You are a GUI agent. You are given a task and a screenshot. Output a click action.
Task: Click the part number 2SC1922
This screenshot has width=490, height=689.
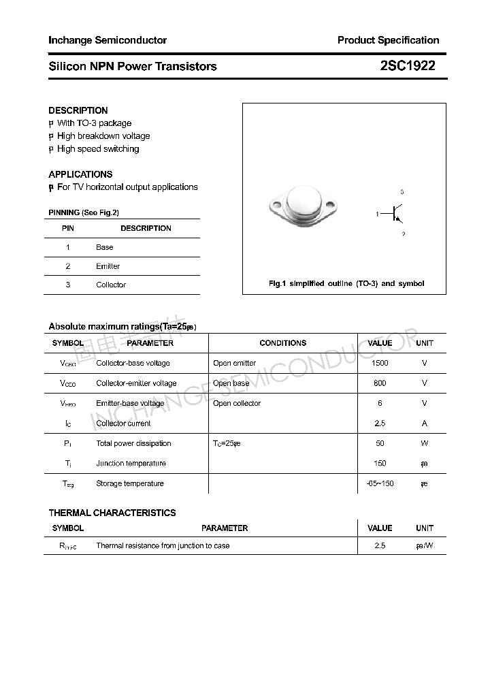coord(408,66)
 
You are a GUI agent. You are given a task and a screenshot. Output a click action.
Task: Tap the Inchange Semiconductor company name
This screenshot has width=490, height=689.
coord(108,40)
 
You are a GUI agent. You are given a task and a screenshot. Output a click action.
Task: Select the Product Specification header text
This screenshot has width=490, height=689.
coord(388,40)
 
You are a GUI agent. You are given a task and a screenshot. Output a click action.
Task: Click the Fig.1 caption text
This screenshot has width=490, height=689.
coord(346,283)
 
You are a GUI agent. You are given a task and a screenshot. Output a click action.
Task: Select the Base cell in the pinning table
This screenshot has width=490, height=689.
coord(105,247)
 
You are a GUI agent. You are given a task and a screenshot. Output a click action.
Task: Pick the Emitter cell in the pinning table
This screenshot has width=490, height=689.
coord(108,266)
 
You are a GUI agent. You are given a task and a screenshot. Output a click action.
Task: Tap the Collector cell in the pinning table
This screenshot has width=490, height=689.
coord(111,285)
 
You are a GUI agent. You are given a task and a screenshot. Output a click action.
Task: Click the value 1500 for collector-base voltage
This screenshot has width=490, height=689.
coord(380,363)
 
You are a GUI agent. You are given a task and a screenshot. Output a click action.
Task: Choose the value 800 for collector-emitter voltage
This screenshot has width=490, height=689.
coord(380,383)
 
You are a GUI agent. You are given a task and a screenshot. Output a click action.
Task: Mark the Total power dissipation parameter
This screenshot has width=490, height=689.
coord(133,443)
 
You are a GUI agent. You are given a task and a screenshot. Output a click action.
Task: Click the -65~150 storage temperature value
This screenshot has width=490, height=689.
coord(380,483)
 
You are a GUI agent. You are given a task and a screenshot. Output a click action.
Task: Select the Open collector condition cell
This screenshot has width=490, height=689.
coord(237,403)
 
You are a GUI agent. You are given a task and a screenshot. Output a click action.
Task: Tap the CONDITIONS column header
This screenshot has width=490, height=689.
coord(283,343)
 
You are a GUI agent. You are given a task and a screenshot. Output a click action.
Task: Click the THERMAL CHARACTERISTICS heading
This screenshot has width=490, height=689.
coord(112,513)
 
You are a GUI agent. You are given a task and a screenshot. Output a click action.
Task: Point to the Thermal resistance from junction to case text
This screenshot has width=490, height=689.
coord(163,545)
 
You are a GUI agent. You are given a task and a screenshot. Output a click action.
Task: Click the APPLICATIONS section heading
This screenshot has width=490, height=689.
coord(80,174)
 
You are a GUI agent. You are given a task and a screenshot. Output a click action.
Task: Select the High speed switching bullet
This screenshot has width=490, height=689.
coord(97,148)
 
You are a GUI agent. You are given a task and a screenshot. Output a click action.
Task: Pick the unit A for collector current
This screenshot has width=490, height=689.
coord(425,423)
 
